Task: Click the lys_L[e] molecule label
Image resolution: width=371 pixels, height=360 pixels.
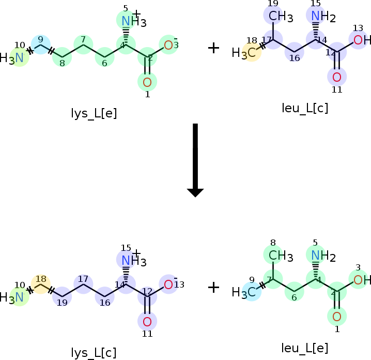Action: coord(94,113)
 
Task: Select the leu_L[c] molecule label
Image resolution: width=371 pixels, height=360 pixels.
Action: coord(305,109)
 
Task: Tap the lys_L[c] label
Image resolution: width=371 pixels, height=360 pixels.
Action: coord(94,353)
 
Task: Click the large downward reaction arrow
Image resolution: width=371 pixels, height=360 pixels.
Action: coord(195,160)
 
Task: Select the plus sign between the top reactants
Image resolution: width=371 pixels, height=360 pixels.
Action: coord(213,48)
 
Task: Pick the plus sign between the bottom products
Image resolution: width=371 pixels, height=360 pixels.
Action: coord(213,287)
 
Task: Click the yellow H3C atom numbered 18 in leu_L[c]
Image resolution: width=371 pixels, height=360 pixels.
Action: coord(251,52)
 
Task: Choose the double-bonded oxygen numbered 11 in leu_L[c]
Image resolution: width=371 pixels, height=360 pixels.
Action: coord(337,77)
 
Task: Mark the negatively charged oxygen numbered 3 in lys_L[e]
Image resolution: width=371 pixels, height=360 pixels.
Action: coord(168,45)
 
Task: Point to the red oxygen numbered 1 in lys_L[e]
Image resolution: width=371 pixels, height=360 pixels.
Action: coord(147,81)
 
